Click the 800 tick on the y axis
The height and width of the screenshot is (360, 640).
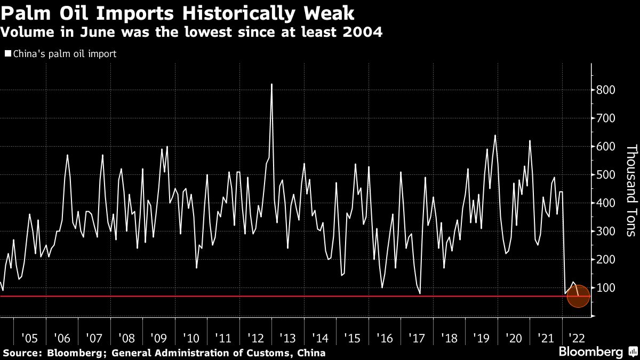[x=606, y=90]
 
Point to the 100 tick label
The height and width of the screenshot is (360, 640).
[x=606, y=287]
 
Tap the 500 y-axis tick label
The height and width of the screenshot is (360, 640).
[x=606, y=174]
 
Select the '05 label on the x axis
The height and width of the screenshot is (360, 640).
[x=29, y=338]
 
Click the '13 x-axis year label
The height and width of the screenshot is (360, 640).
[x=288, y=338]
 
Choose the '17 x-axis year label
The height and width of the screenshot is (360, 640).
[x=417, y=338]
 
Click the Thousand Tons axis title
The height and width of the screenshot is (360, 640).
[x=631, y=190]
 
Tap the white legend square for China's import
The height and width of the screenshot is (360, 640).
[x=7, y=54]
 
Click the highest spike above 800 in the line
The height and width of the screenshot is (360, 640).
[x=272, y=84]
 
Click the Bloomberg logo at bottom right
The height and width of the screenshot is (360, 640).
[x=590, y=351]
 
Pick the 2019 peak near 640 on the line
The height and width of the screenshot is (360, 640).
[x=495, y=135]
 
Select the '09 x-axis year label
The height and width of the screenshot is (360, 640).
[x=159, y=338]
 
